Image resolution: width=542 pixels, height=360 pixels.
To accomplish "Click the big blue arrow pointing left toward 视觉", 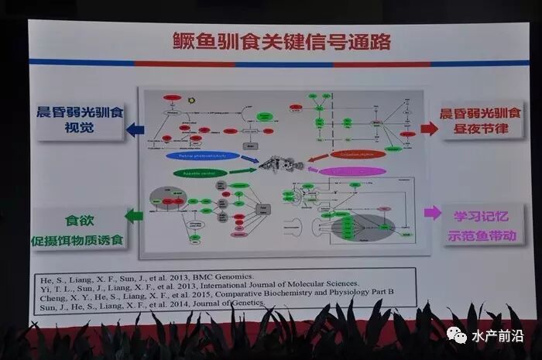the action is (136, 129).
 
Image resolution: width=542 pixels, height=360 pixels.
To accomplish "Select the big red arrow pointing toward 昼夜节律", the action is (429, 128).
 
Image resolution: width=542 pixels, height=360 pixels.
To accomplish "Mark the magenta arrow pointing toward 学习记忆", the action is (432, 211).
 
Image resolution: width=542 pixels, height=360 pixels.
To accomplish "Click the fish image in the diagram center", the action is (276, 164).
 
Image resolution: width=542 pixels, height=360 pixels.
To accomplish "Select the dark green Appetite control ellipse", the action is (201, 172).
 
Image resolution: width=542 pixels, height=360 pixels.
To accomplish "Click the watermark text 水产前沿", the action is (496, 337).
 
